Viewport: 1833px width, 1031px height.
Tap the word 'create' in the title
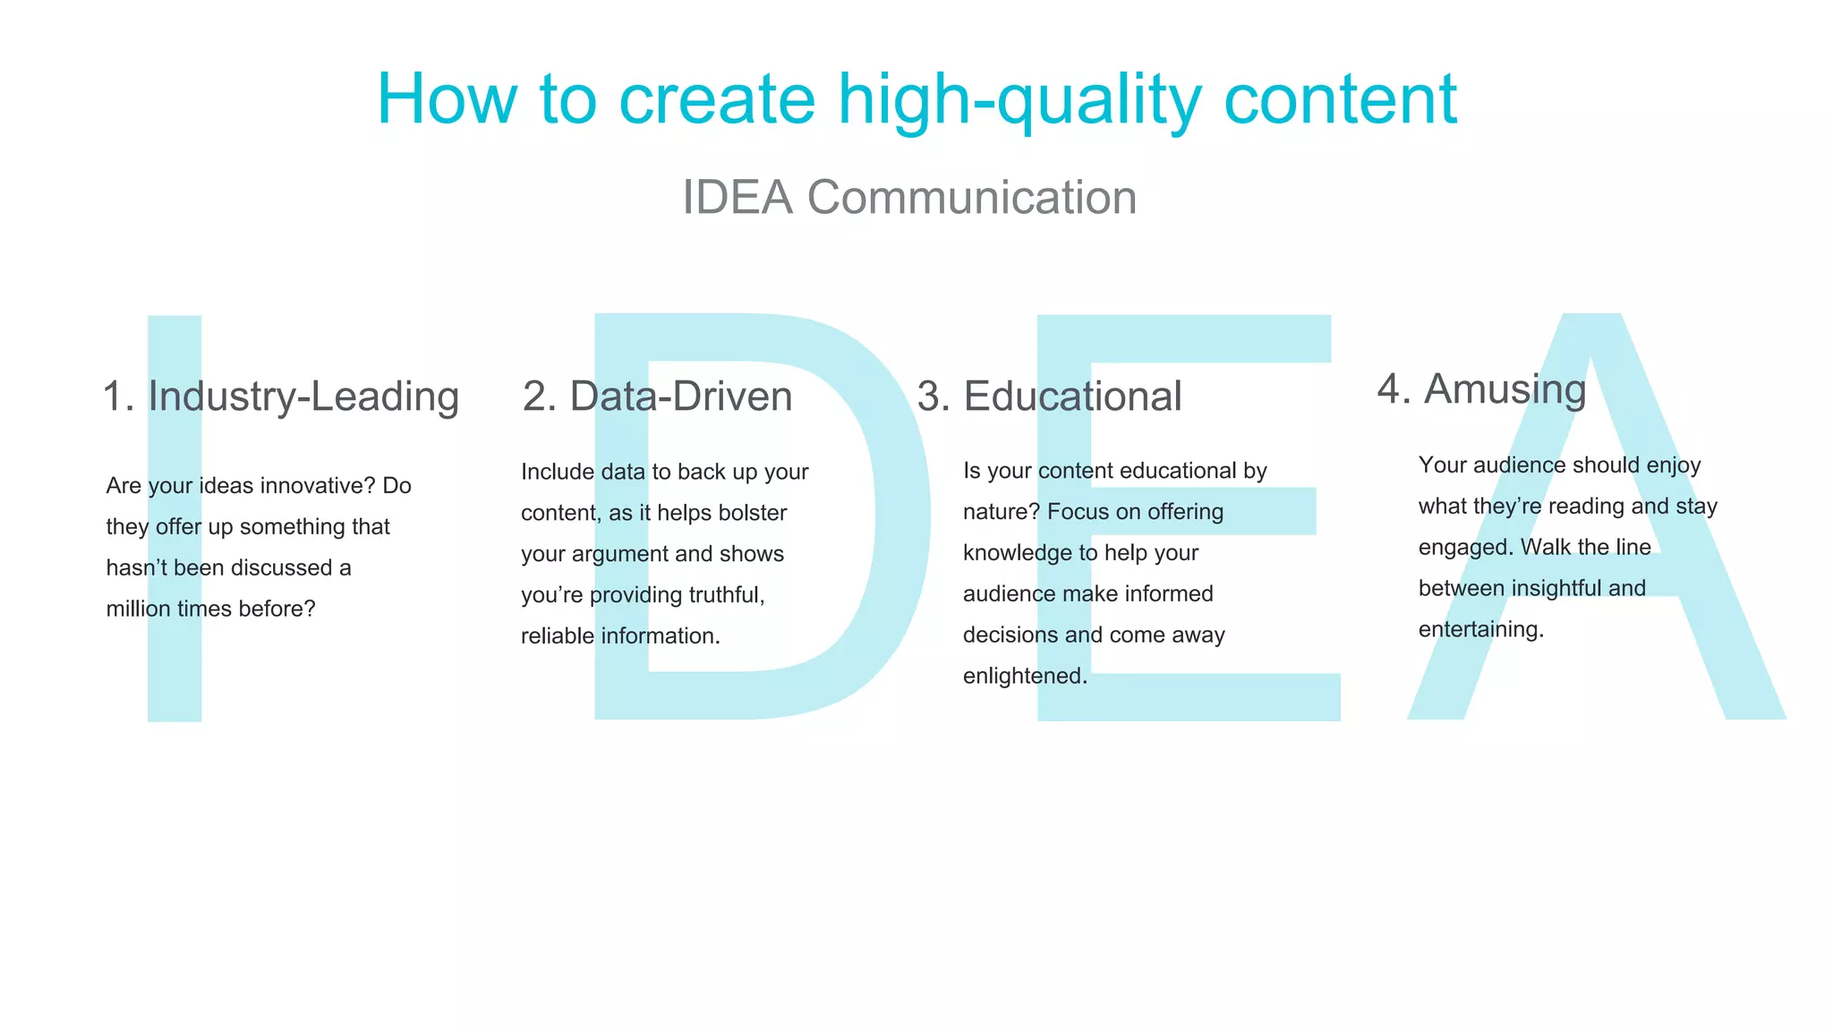[716, 100]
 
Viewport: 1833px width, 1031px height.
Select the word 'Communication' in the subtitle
[971, 198]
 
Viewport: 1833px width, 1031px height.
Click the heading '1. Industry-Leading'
[280, 396]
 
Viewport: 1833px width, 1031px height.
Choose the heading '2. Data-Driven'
[657, 396]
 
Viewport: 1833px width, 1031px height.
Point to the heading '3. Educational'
[1049, 396]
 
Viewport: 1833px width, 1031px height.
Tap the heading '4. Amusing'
[1481, 389]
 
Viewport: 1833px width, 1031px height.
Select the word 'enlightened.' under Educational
[1025, 677]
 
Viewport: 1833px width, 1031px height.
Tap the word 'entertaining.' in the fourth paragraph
[1480, 630]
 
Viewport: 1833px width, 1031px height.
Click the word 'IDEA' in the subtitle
[737, 198]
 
